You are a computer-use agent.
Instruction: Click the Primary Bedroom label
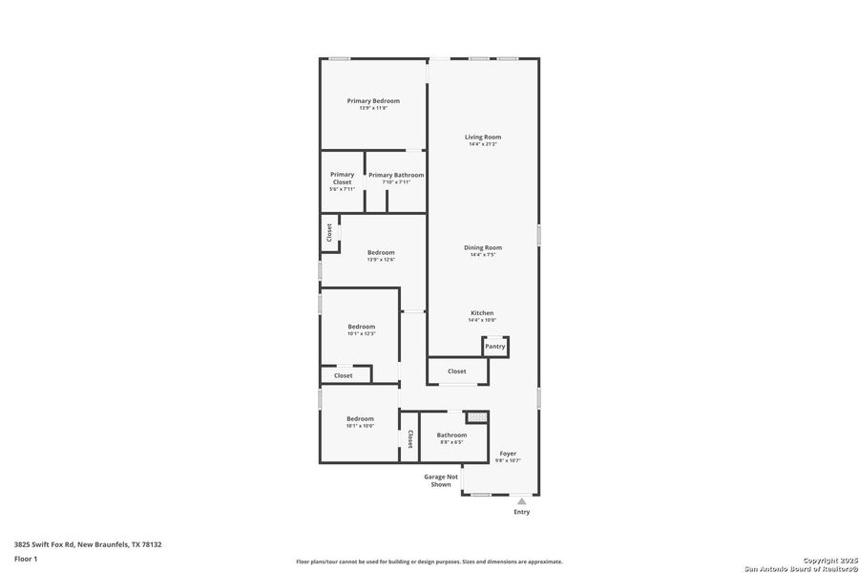click(x=373, y=101)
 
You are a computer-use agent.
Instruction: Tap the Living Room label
click(x=483, y=138)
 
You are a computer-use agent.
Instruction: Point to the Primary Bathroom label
click(x=396, y=176)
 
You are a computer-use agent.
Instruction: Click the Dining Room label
click(x=483, y=248)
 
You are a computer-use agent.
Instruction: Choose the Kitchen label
click(x=482, y=313)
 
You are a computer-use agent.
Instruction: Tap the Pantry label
click(x=494, y=347)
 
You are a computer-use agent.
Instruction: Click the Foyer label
click(x=508, y=454)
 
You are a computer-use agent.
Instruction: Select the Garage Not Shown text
click(x=441, y=480)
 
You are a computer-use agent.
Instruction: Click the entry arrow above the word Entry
click(x=521, y=499)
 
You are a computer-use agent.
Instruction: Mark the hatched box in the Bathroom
click(x=476, y=417)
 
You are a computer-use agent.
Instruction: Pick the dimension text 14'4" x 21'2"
click(x=483, y=145)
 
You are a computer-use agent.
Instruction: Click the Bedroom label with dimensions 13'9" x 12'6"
click(x=381, y=253)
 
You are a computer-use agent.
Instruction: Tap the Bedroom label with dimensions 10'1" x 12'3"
click(x=361, y=327)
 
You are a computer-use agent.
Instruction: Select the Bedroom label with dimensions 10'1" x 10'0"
click(x=360, y=419)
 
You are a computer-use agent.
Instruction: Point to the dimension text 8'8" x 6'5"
click(x=451, y=443)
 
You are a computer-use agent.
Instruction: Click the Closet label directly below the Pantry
click(x=457, y=371)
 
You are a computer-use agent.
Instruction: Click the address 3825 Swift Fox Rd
click(x=88, y=544)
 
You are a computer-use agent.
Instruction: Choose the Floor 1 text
click(x=26, y=558)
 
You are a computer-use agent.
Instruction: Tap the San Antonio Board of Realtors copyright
click(x=801, y=565)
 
